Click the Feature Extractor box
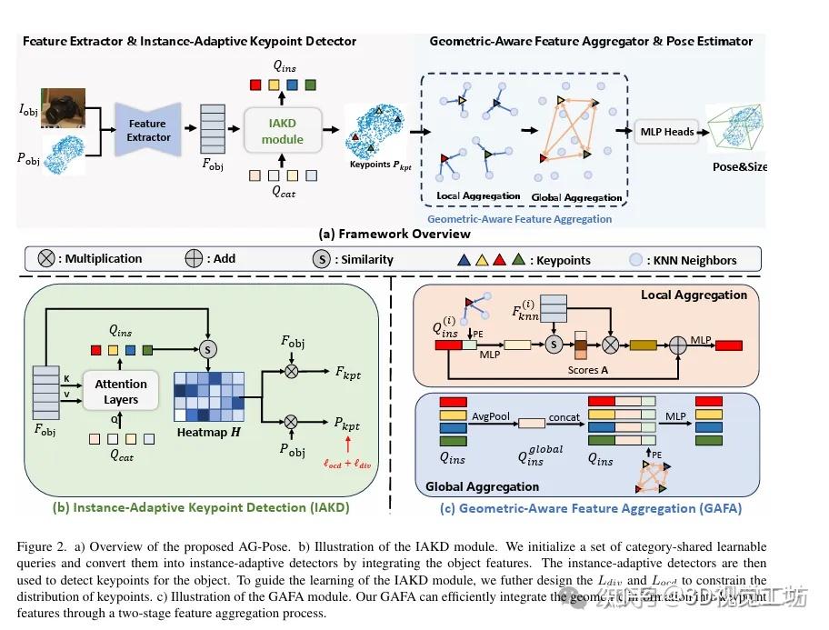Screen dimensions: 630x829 point(148,130)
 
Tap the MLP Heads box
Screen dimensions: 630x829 point(666,132)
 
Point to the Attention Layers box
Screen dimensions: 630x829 point(121,392)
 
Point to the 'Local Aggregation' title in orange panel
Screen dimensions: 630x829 point(694,295)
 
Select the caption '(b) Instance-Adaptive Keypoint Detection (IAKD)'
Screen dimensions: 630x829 point(201,508)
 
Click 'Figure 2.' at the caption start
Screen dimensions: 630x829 point(44,546)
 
